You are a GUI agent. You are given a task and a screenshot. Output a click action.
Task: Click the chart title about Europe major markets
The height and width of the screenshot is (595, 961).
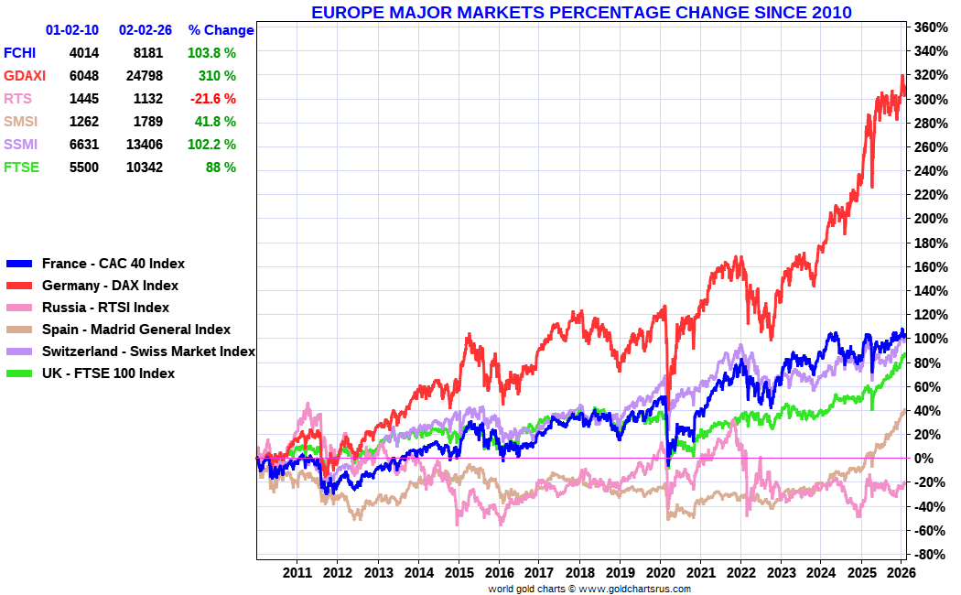(581, 12)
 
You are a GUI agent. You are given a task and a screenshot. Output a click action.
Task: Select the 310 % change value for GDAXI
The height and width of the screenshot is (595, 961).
(217, 76)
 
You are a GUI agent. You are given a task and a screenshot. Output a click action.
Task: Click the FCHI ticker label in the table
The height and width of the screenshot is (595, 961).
(20, 53)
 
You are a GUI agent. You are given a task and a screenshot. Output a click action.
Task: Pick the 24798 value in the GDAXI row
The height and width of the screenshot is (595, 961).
(141, 76)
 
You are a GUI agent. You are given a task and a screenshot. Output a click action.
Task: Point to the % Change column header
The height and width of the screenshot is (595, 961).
(221, 30)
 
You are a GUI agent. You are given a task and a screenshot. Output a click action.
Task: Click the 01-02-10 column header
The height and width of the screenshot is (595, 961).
(72, 30)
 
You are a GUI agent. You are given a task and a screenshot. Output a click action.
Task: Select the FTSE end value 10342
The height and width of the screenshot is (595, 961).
(141, 168)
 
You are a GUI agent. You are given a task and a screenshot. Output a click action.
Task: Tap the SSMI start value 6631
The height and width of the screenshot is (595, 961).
(83, 145)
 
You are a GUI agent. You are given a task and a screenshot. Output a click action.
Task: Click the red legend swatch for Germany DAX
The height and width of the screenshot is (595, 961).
(19, 286)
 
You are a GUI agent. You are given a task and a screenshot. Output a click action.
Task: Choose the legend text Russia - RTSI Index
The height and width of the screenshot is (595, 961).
(105, 308)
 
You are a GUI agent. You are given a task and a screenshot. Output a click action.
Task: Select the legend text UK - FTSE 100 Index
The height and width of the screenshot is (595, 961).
(108, 373)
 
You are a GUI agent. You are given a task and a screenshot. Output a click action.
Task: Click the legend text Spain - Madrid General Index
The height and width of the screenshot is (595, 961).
(136, 330)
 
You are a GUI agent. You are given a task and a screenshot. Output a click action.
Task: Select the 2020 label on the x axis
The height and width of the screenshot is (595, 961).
(660, 573)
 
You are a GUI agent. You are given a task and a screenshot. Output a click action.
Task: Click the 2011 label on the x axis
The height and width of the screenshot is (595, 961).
(297, 573)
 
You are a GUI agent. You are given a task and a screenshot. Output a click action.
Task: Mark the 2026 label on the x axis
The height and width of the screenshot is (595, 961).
(902, 573)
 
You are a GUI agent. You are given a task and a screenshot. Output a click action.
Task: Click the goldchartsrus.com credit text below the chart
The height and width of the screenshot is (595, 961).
(589, 589)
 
